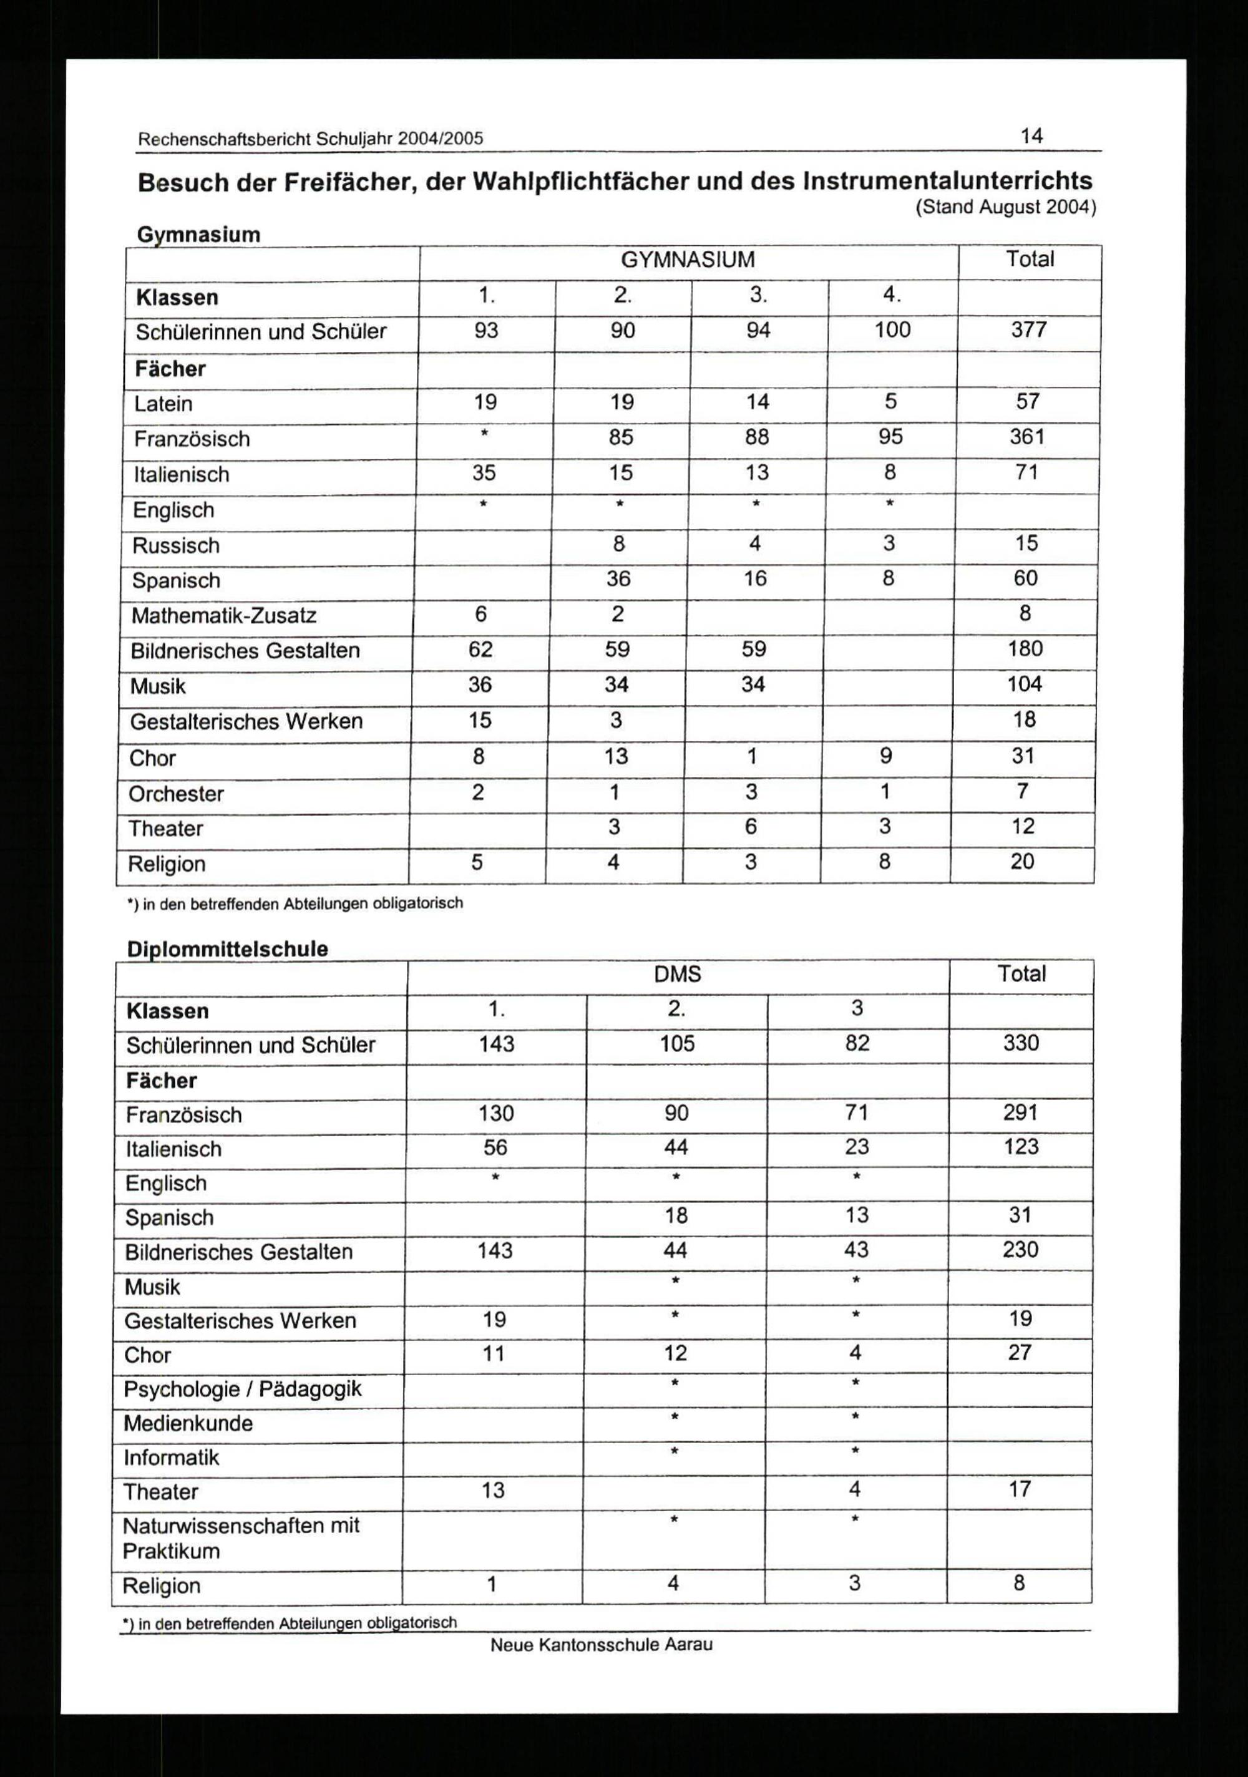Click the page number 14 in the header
(x=1031, y=136)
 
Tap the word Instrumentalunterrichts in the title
(x=948, y=181)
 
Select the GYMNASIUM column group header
(x=688, y=260)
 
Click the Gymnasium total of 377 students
(x=1028, y=331)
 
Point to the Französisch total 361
(x=1027, y=437)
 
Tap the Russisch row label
(x=176, y=545)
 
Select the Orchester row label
(x=176, y=794)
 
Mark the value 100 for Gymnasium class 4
(x=892, y=331)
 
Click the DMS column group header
(x=678, y=975)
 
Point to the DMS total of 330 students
(x=1020, y=1043)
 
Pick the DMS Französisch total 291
(x=1020, y=1113)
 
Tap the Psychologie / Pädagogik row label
(x=242, y=1390)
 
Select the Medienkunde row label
(x=188, y=1423)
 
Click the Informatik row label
(x=171, y=1458)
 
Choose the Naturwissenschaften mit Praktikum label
(x=241, y=1539)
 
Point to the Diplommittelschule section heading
(x=227, y=950)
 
